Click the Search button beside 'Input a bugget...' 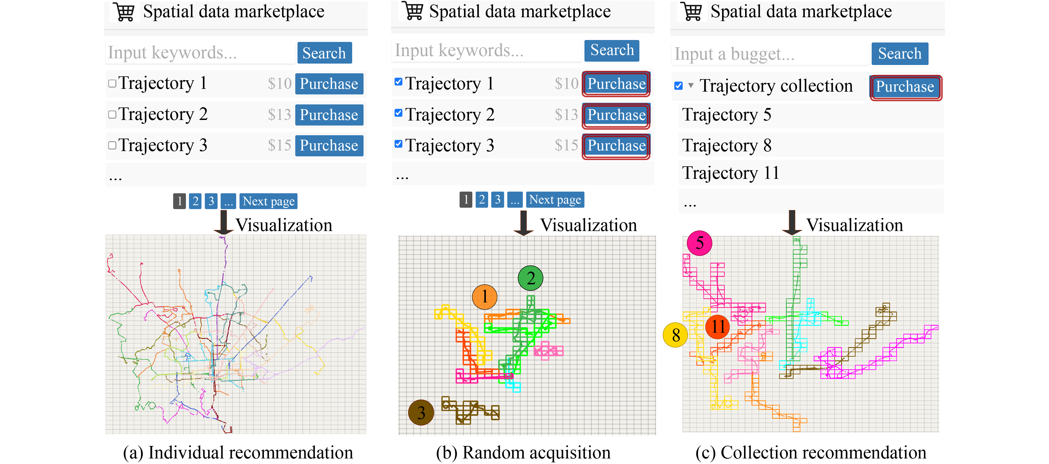[x=899, y=53]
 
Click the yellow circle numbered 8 [x=675, y=335]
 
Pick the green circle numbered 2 [x=530, y=278]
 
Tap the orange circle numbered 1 [x=485, y=297]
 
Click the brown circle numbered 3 [x=421, y=412]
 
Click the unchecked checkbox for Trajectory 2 [x=112, y=114]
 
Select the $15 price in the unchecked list [x=279, y=146]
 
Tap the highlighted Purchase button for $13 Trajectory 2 [x=616, y=115]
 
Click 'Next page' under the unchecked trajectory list [x=268, y=201]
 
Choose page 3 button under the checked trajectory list [x=497, y=200]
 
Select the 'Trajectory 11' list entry [x=730, y=173]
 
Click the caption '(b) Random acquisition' [x=523, y=453]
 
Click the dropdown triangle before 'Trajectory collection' [x=691, y=86]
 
